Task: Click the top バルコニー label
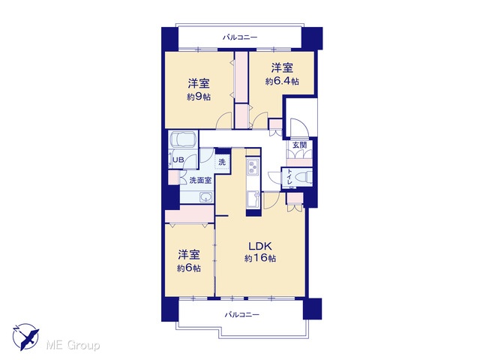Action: click(240, 37)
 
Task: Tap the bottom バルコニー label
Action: click(241, 315)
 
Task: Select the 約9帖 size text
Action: click(199, 97)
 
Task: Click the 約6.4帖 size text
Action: click(282, 82)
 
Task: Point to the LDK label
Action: click(260, 246)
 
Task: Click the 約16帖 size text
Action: click(260, 258)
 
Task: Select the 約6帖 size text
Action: click(189, 268)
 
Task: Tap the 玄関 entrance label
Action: click(299, 145)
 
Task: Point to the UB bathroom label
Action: click(178, 160)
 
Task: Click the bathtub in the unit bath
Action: click(184, 139)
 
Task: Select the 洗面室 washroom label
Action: click(200, 180)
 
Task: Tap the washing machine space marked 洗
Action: click(222, 161)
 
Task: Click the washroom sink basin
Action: click(206, 196)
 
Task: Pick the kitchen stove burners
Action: click(253, 167)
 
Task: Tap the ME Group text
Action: click(73, 346)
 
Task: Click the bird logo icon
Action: click(25, 337)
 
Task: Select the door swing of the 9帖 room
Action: click(224, 121)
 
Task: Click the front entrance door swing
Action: click(298, 126)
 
